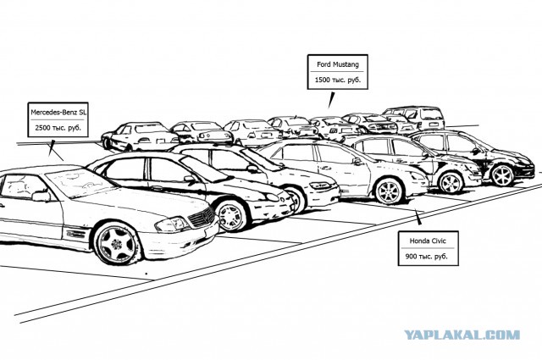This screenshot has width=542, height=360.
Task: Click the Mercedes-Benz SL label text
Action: point(58,113)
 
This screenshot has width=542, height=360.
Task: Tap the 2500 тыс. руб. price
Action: point(58,128)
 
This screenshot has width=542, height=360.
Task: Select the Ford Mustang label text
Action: point(338,64)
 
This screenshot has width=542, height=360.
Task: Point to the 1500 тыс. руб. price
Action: point(337,80)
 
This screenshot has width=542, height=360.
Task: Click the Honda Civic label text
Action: point(428,241)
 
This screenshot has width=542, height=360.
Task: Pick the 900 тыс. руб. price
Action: point(426,257)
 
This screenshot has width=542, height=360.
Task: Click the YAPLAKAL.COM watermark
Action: point(462,335)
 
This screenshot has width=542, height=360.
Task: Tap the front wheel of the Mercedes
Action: point(117,243)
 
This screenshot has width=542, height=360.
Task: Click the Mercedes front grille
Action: point(202,217)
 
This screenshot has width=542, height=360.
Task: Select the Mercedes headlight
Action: point(172,224)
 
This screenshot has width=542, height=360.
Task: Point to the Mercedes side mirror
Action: point(41,196)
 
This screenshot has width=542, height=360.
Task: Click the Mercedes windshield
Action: point(82,182)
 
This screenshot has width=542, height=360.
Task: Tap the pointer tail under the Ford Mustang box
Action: point(331,100)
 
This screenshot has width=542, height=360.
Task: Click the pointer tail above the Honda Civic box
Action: point(419,218)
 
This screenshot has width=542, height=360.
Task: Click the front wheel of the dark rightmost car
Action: point(502,175)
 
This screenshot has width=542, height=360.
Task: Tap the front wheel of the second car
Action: point(231,216)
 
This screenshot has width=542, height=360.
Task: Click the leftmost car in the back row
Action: point(140,136)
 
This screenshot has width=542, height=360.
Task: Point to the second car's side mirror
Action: point(190,179)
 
